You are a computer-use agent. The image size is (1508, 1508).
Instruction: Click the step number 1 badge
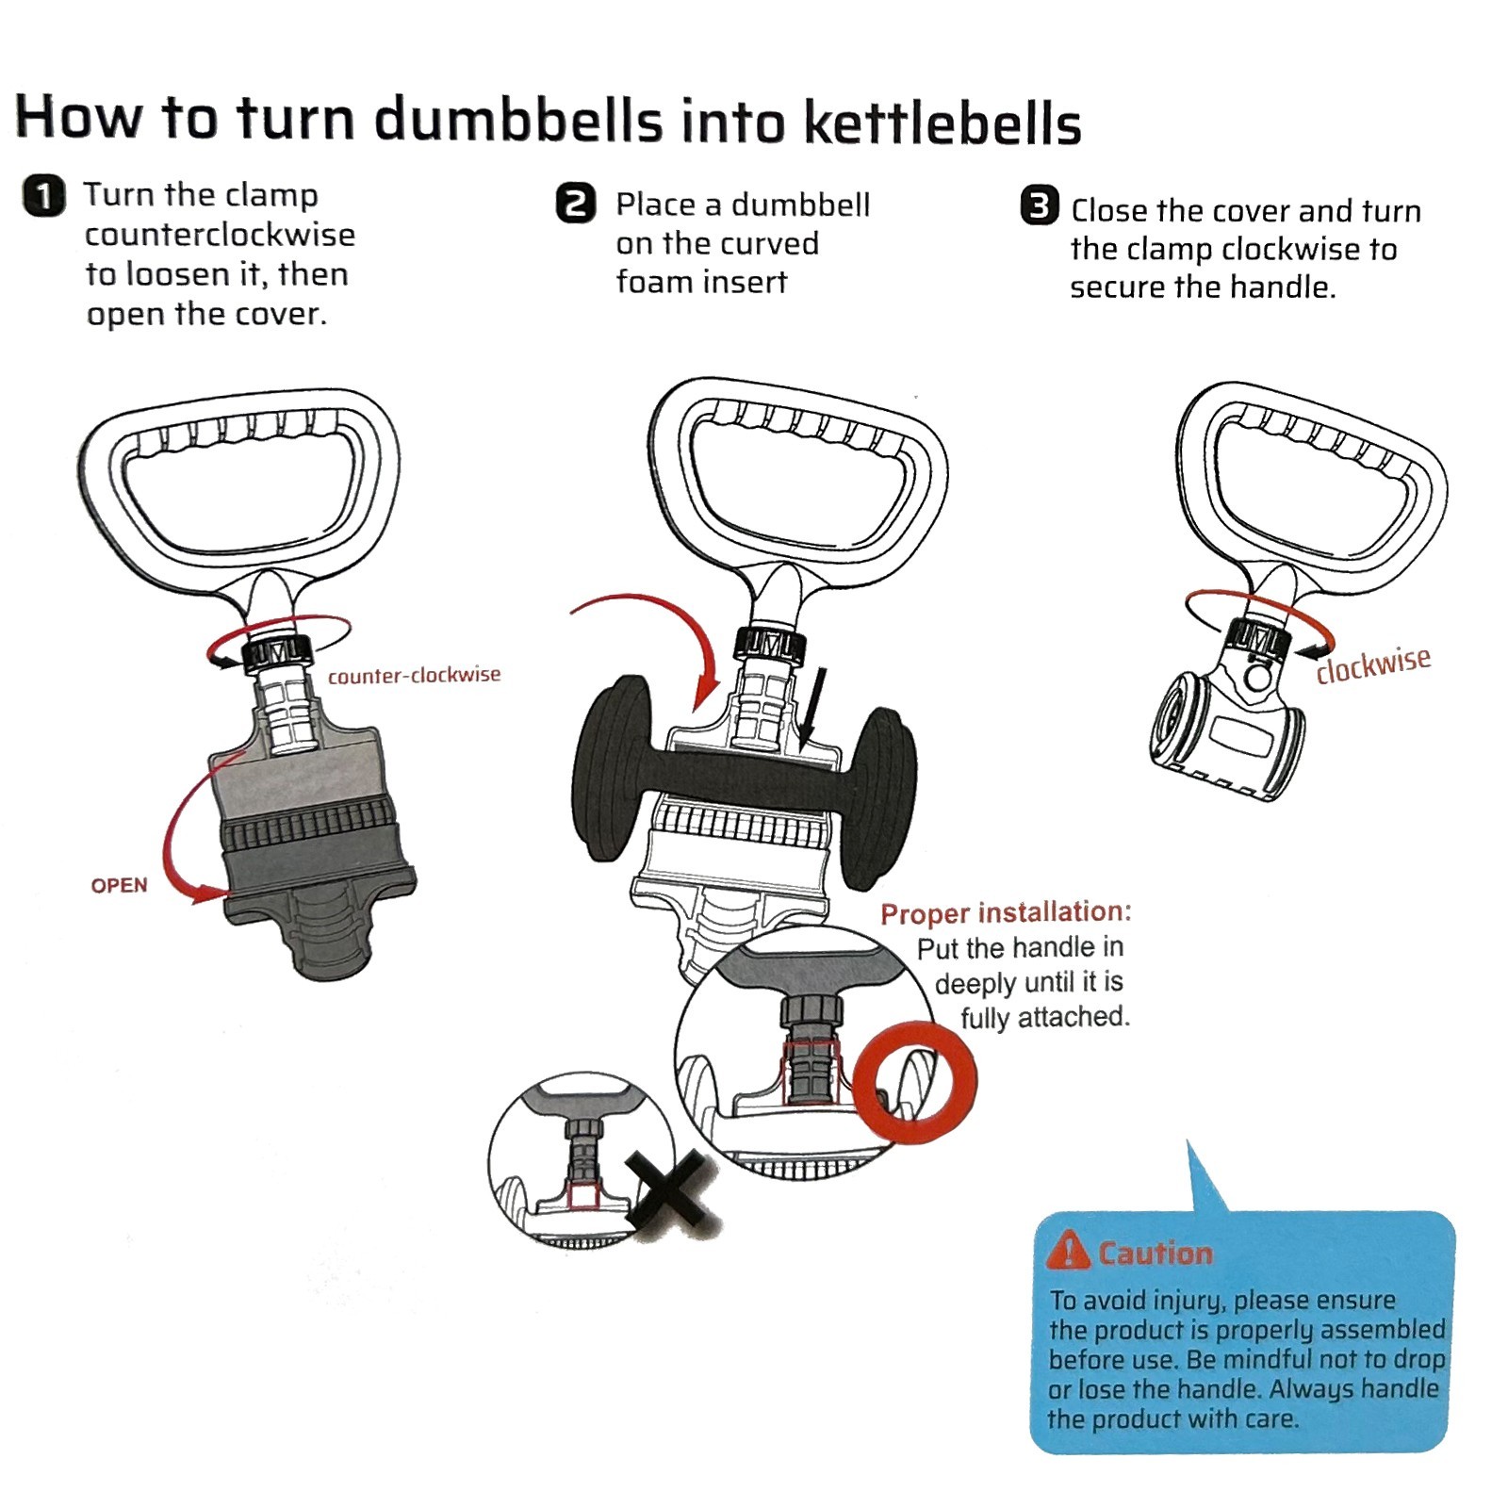43,196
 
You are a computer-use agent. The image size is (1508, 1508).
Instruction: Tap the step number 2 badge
576,204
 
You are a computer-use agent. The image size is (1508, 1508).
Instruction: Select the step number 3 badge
1040,205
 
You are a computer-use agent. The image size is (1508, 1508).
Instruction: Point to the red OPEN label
119,885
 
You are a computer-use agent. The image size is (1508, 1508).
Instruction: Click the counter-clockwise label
414,675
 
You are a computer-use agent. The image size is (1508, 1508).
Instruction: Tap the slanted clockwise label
1373,664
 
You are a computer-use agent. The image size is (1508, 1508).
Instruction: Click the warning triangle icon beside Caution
1069,1251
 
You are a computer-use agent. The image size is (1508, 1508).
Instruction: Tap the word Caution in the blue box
1156,1253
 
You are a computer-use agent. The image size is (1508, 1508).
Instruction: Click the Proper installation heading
1006,912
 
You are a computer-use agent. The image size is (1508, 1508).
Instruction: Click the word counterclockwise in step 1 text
220,235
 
